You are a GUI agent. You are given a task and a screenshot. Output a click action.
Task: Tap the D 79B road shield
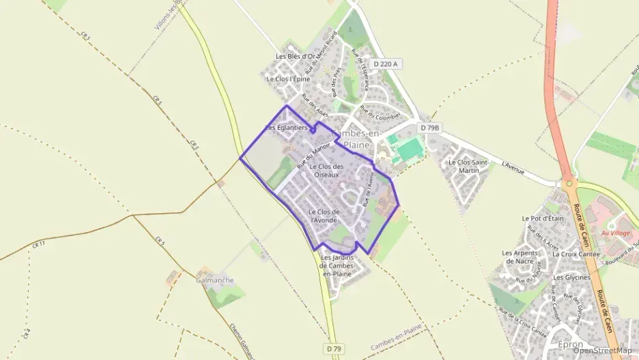[430, 128]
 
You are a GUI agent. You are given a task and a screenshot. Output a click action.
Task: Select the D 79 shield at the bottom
[333, 348]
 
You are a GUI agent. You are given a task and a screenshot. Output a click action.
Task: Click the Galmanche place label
[214, 280]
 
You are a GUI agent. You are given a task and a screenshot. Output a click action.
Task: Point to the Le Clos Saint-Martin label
[468, 166]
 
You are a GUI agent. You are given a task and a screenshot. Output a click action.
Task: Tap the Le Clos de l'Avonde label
[324, 216]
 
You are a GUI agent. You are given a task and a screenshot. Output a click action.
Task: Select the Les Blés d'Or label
[295, 56]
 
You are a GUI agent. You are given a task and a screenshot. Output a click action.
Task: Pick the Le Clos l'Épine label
[288, 79]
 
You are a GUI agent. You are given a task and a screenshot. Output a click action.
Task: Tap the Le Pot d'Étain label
[543, 219]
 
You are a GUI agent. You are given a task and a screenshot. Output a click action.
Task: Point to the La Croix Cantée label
[576, 253]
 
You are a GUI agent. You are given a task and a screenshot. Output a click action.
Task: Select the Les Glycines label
[572, 277]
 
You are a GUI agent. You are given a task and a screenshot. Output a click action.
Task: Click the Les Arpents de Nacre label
[517, 257]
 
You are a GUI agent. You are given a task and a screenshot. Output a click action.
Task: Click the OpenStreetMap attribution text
[602, 350]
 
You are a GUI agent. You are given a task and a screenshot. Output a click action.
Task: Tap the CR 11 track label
[38, 244]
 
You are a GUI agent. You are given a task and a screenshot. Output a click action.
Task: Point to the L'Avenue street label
[513, 167]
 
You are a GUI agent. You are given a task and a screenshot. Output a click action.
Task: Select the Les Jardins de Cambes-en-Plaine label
[337, 265]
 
